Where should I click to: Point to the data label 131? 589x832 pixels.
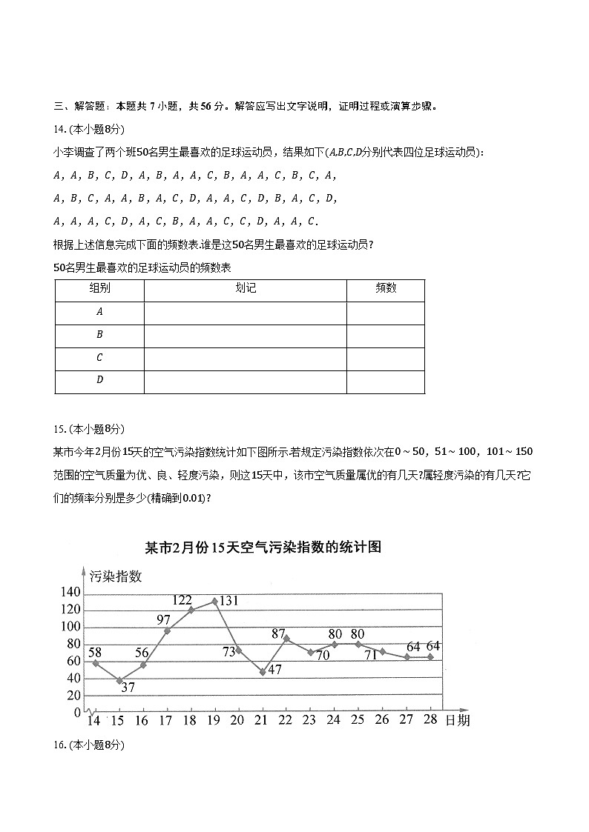pyautogui.click(x=228, y=601)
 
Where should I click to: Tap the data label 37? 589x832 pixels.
pyautogui.click(x=128, y=688)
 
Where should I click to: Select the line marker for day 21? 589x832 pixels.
pyautogui.click(x=263, y=672)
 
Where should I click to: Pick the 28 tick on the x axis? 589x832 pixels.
pyautogui.click(x=430, y=719)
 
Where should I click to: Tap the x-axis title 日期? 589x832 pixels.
pyautogui.click(x=457, y=720)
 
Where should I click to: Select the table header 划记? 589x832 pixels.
pyautogui.click(x=245, y=289)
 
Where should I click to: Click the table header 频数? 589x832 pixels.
pyautogui.click(x=385, y=289)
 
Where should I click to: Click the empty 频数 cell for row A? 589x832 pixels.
pyautogui.click(x=385, y=313)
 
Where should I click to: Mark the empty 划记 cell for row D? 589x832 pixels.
pyautogui.click(x=245, y=382)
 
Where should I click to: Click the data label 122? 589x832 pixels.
pyautogui.click(x=182, y=600)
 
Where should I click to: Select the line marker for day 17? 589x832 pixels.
pyautogui.click(x=167, y=630)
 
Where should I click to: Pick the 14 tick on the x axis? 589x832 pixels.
pyautogui.click(x=93, y=720)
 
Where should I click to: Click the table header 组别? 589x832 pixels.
pyautogui.click(x=99, y=289)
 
